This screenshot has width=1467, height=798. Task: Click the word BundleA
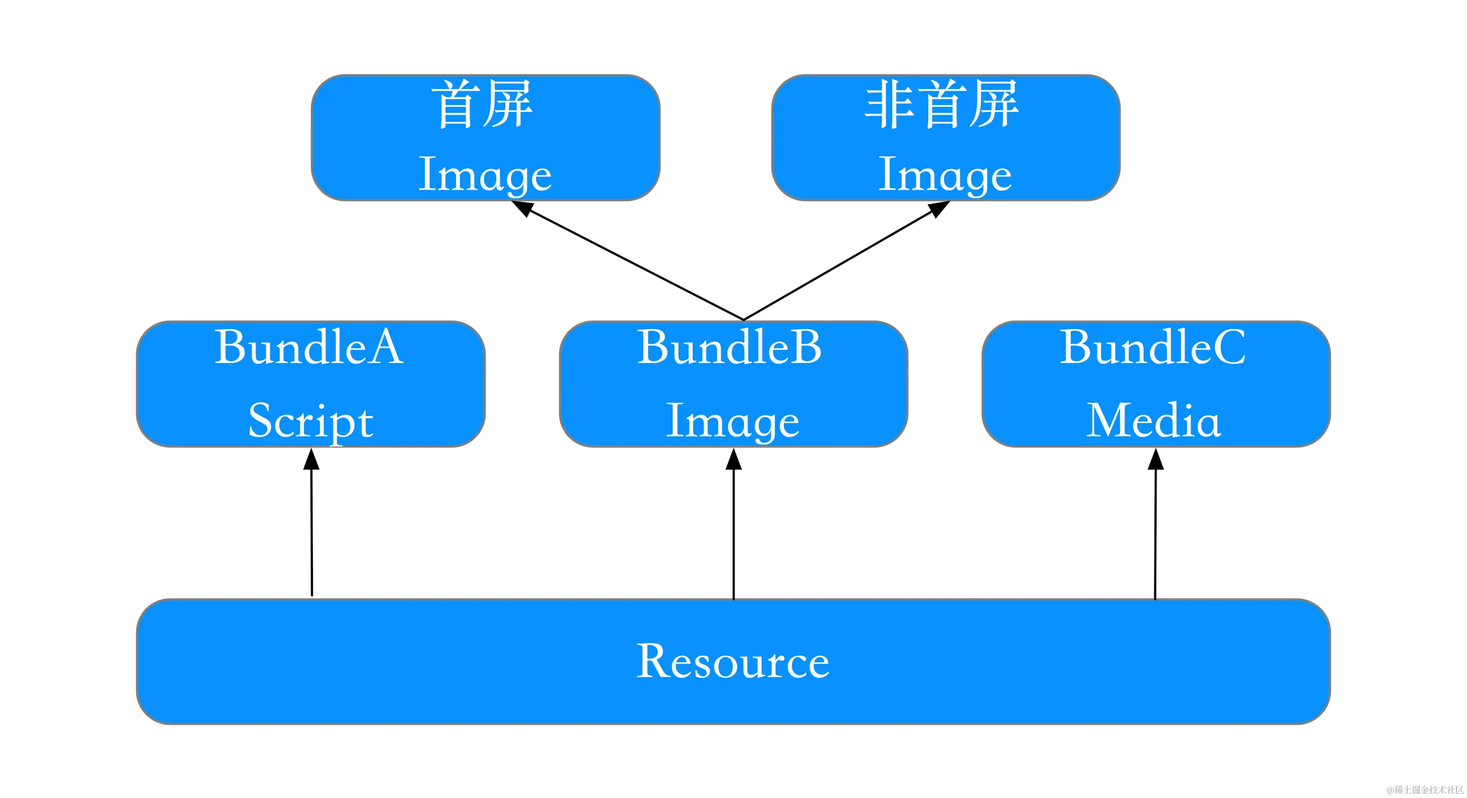tap(309, 347)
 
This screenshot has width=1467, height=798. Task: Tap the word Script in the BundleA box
tap(311, 421)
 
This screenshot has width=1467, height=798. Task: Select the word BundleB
tap(730, 347)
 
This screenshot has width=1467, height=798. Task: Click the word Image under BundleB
tap(733, 421)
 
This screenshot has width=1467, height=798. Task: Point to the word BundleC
tap(1153, 347)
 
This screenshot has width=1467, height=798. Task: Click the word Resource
tap(733, 661)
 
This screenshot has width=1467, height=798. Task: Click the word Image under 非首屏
tap(945, 175)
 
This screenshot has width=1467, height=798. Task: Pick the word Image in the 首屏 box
tap(485, 175)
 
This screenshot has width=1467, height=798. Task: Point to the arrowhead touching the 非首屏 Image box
tap(939, 209)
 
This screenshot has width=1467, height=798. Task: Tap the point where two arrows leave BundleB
tap(743, 319)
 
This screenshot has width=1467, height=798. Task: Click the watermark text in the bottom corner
tap(1424, 789)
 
